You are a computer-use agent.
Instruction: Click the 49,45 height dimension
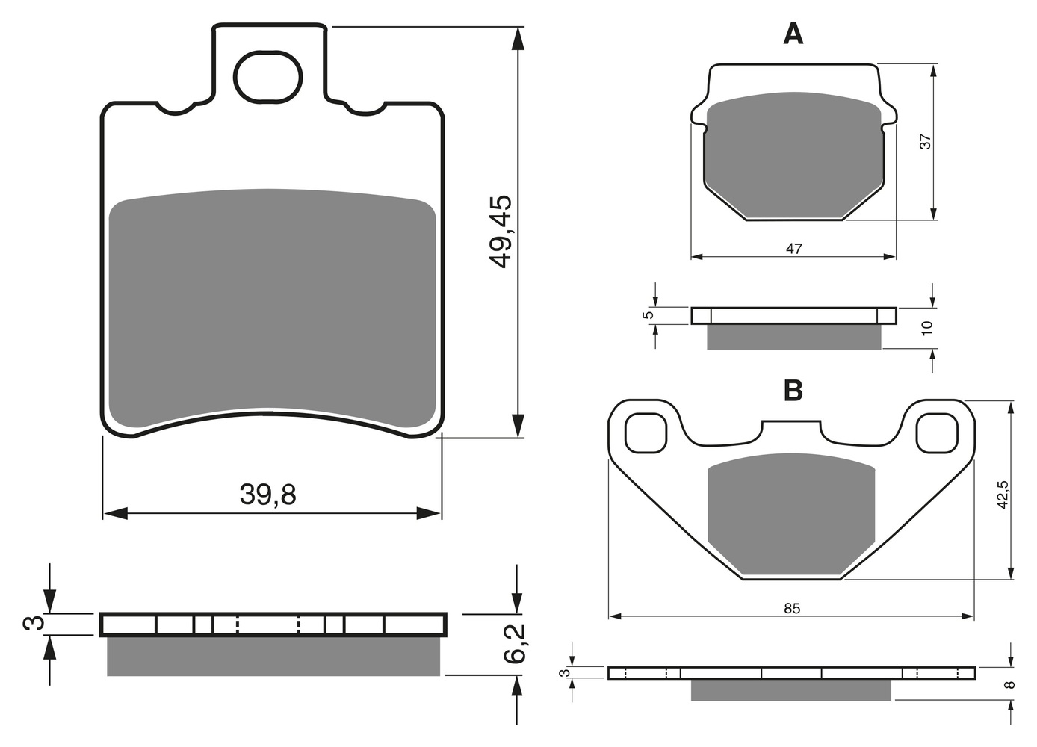tap(501, 232)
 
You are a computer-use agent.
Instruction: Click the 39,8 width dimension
tap(267, 495)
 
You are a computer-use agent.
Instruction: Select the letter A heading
tap(793, 34)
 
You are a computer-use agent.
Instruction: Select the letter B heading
tap(793, 390)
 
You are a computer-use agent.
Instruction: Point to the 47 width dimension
tap(794, 249)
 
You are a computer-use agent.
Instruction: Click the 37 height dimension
tap(925, 142)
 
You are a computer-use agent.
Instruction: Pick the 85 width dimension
tap(792, 608)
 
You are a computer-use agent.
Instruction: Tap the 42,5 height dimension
tap(1003, 495)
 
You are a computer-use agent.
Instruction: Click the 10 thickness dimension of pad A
tap(927, 328)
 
